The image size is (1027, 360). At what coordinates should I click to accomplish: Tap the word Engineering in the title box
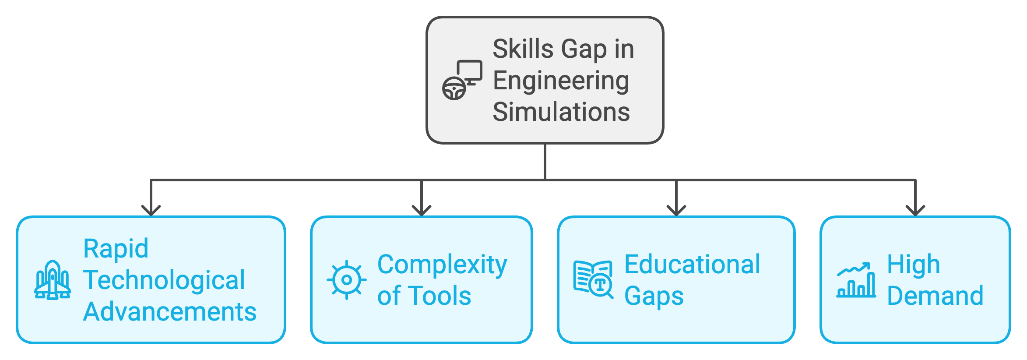click(561, 81)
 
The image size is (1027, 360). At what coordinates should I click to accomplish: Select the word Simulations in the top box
click(561, 112)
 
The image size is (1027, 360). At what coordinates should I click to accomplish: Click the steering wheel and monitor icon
click(462, 80)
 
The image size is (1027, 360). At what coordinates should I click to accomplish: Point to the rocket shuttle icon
click(53, 280)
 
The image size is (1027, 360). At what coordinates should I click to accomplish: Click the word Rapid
click(116, 249)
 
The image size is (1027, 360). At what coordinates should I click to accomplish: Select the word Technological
click(164, 280)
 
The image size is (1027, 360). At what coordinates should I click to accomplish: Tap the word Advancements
click(170, 312)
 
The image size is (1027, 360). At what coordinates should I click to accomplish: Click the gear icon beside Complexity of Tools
click(346, 280)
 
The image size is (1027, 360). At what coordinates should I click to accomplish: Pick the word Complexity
click(442, 265)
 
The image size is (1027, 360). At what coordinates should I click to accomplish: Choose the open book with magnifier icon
click(593, 280)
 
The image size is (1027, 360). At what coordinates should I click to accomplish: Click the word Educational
click(692, 265)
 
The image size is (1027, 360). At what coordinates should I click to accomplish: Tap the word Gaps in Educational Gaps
click(654, 296)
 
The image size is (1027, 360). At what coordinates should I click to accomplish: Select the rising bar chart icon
click(856, 280)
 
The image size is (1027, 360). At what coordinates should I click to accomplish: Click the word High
click(913, 265)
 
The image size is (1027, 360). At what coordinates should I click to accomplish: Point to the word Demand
click(935, 296)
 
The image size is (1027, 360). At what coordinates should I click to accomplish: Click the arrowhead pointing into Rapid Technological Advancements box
click(151, 211)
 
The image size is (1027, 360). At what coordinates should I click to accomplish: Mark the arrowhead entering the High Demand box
click(915, 211)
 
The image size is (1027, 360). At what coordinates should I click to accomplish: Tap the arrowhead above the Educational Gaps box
click(676, 211)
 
